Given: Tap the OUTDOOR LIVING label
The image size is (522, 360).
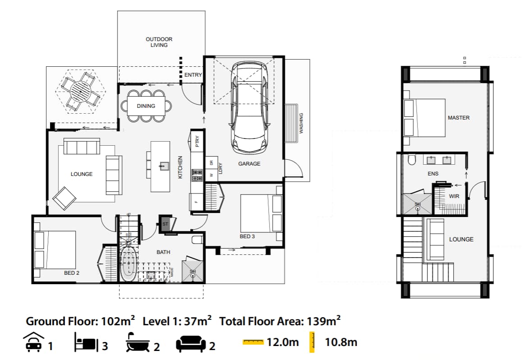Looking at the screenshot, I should click(x=159, y=42).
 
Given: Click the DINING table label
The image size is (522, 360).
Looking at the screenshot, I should click(x=146, y=106).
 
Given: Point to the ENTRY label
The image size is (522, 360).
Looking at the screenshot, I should click(x=193, y=75).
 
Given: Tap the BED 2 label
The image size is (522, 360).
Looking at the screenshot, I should click(x=72, y=273).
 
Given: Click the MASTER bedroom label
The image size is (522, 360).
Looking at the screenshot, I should click(x=458, y=118).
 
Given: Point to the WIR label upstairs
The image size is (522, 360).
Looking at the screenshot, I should click(x=454, y=197).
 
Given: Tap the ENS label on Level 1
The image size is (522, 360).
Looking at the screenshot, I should click(x=433, y=173).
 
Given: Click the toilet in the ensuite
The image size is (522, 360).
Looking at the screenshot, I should click(x=411, y=160).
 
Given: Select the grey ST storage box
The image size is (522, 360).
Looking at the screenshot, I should click(x=165, y=224).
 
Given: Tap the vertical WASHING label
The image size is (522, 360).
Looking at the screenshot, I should click(x=302, y=123).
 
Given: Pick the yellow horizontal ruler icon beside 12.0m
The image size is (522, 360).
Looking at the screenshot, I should click(x=253, y=342).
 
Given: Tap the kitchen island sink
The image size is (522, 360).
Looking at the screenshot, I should click(x=163, y=166).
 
